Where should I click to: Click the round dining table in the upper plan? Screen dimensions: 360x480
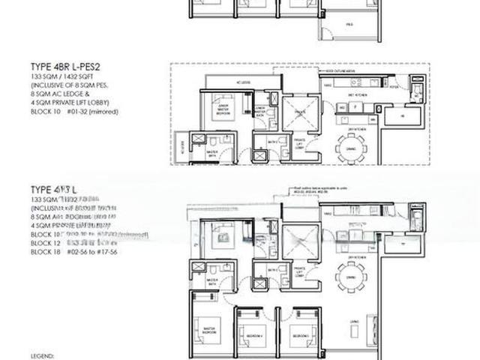click(351, 147)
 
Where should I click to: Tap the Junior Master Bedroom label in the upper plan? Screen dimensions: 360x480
click(222, 104)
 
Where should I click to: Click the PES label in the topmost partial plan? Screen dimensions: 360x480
click(350, 24)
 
